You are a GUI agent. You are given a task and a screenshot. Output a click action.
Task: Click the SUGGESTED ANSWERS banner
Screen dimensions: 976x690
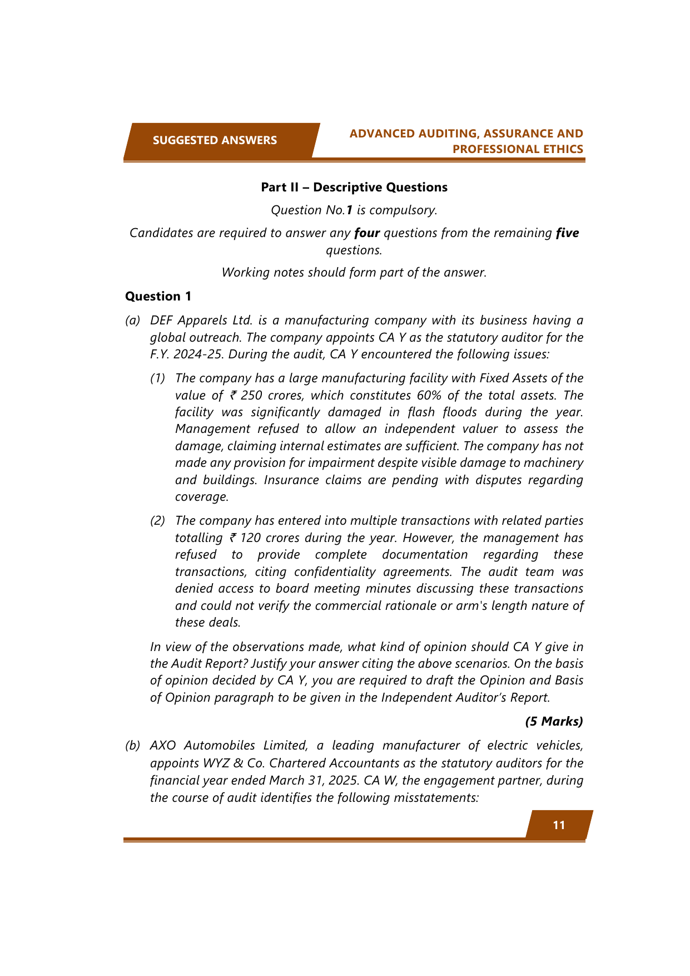[215, 140]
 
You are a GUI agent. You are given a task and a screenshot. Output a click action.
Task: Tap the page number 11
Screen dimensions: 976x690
[559, 825]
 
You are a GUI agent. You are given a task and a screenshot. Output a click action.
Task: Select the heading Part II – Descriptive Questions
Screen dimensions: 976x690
[354, 188]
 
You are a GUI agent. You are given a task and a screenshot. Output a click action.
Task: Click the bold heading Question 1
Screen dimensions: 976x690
[158, 296]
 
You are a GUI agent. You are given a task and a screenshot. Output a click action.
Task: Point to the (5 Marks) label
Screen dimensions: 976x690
[554, 721]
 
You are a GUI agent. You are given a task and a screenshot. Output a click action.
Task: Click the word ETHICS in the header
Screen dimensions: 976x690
[565, 149]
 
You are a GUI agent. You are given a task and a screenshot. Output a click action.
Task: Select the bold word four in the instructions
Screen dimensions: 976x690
[367, 233]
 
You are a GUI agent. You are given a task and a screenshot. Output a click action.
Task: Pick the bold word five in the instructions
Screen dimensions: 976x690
[567, 233]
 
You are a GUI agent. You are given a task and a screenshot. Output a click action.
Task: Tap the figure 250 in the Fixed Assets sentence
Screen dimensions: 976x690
[251, 395]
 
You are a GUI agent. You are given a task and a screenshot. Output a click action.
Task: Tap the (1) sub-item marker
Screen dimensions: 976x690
[158, 378]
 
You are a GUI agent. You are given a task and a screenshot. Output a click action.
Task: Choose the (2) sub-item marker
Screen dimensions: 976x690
[158, 521]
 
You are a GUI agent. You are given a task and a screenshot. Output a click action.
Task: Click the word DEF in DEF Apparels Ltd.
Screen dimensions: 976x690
[162, 321]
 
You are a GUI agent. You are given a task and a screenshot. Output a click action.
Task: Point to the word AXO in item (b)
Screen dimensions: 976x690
[163, 746]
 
